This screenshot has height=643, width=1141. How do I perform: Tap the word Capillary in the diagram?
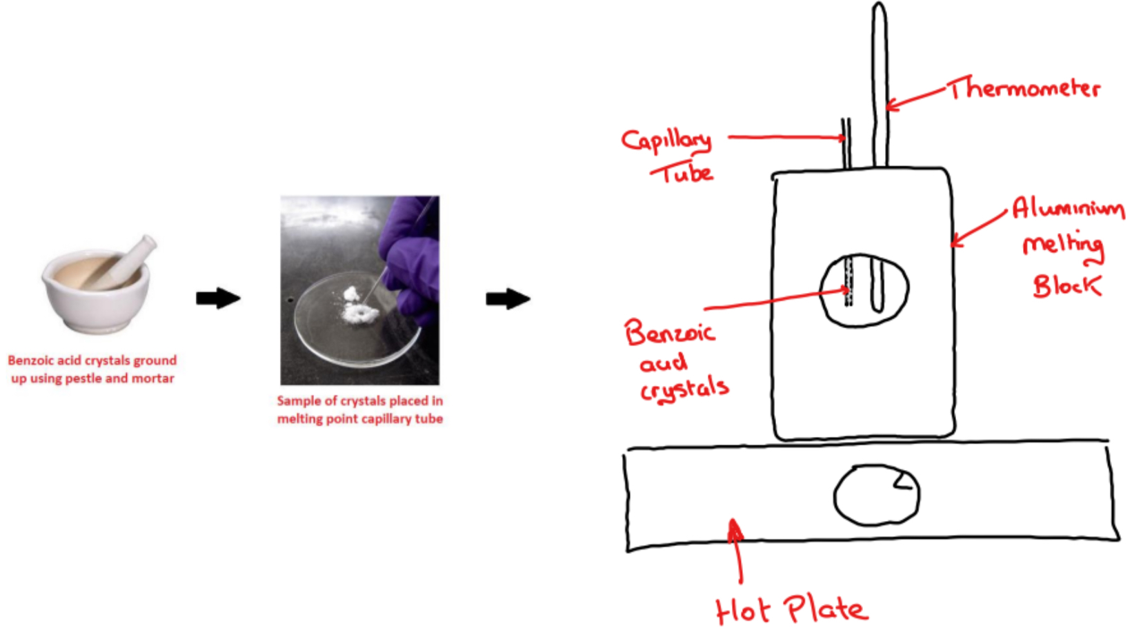pyautogui.click(x=666, y=140)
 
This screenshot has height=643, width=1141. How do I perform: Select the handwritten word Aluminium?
pyautogui.click(x=1068, y=207)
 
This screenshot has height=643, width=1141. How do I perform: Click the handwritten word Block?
pyautogui.click(x=1066, y=285)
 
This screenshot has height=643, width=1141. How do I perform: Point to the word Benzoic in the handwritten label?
pyautogui.click(x=669, y=333)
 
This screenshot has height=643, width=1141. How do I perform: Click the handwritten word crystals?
pyautogui.click(x=684, y=389)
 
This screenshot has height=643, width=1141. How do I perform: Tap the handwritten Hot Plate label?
pyautogui.click(x=791, y=610)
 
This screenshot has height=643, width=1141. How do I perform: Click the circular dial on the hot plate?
pyautogui.click(x=876, y=495)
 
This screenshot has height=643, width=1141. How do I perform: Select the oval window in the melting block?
pyautogui.click(x=864, y=290)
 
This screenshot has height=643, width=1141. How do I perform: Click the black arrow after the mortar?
pyautogui.click(x=218, y=298)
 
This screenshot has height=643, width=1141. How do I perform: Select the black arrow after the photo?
pyautogui.click(x=508, y=299)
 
